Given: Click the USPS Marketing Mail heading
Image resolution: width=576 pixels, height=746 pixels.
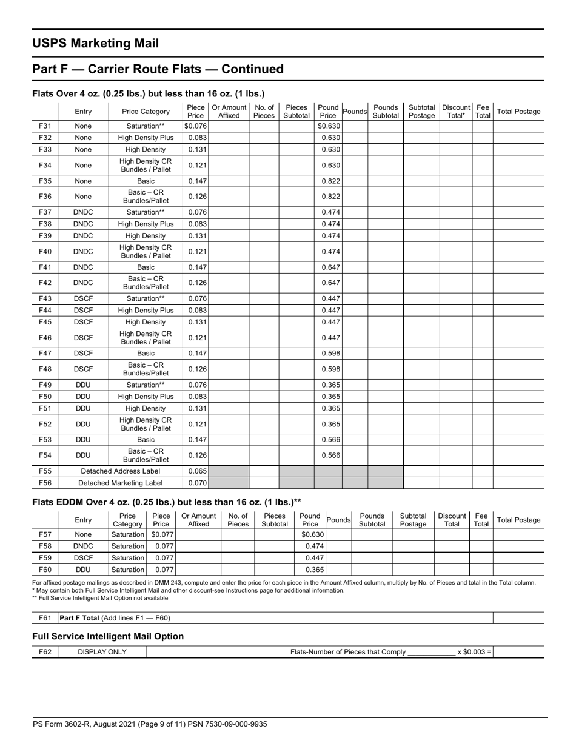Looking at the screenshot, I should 95,43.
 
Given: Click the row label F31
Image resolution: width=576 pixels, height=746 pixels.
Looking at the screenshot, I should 45,126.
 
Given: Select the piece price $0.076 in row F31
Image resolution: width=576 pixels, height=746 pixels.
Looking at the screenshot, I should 196,126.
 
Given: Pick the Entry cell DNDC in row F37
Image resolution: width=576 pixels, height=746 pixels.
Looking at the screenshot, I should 83,212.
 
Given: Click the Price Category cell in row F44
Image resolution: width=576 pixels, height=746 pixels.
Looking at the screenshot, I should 146,310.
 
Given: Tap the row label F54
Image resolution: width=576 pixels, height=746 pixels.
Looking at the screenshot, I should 45,455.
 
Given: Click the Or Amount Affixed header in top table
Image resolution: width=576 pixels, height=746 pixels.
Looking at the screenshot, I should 229,112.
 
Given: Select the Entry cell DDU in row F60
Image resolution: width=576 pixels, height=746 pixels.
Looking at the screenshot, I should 83,570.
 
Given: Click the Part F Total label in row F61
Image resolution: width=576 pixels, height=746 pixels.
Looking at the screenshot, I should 115,618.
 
